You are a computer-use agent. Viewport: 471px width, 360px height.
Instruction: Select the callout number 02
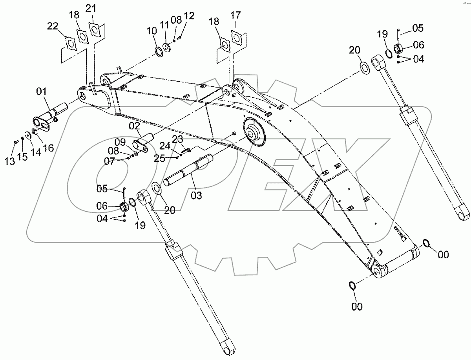click(135, 126)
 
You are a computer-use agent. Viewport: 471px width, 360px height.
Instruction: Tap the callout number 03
click(196, 195)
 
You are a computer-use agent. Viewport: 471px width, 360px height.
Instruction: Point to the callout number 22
click(53, 26)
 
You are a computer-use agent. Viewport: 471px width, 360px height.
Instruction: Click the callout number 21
click(91, 8)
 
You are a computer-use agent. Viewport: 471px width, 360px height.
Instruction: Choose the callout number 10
click(152, 30)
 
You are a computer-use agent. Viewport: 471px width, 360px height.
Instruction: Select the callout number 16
click(48, 148)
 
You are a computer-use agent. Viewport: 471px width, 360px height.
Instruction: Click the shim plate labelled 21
click(93, 29)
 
